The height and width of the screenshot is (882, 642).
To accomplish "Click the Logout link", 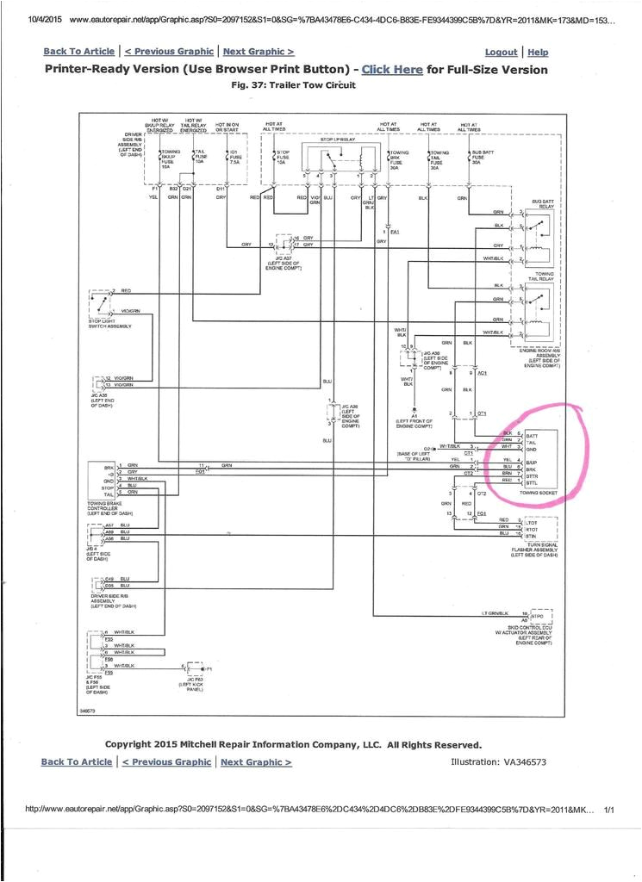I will tap(502, 53).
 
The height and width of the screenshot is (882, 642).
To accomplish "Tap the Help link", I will tap(538, 53).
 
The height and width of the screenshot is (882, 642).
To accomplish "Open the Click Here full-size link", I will tap(393, 70).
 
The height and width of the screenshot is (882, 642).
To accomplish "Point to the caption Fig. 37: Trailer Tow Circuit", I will tap(294, 85).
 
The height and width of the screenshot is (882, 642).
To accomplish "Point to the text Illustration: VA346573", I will tap(499, 761).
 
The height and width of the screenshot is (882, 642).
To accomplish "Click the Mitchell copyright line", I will tap(293, 744).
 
